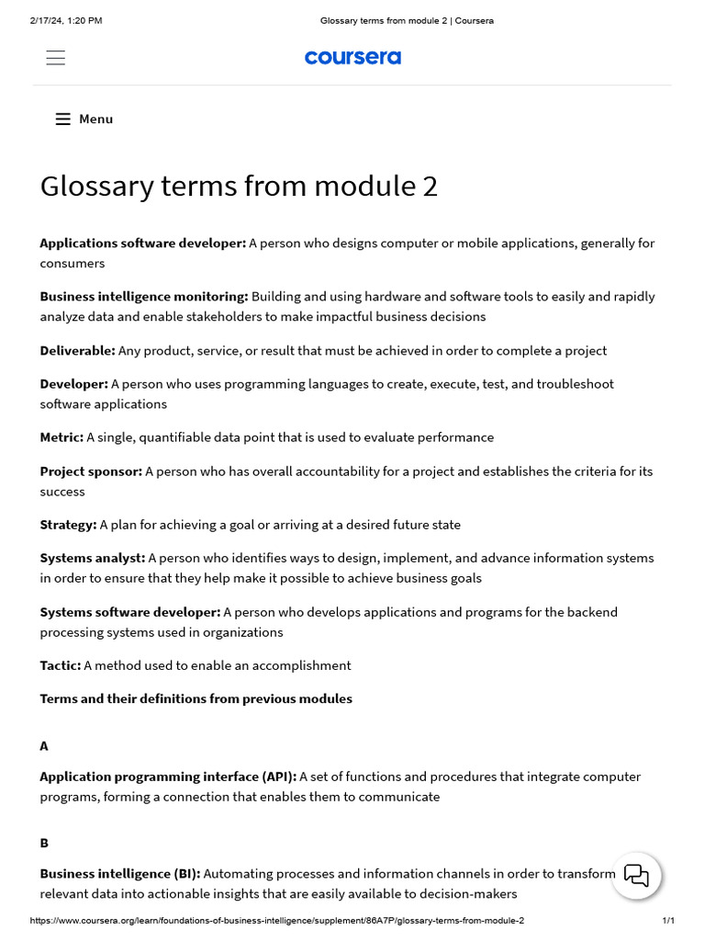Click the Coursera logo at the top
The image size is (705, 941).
pos(352,58)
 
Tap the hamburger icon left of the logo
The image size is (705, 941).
pos(56,58)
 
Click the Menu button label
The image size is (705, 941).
pos(95,119)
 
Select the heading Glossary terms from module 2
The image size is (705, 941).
pos(239,186)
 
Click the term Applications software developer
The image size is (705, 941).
pos(142,244)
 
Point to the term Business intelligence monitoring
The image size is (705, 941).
pos(144,297)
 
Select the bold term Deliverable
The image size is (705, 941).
pos(77,350)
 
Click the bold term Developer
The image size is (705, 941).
pos(73,384)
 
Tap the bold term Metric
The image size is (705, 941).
pos(62,437)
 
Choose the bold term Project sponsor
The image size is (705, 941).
pos(91,471)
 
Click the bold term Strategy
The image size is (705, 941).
pos(68,525)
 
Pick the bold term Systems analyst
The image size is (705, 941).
pos(92,558)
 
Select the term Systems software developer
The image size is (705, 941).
pos(129,612)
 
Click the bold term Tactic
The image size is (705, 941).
pos(60,665)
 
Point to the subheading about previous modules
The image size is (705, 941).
pos(196,698)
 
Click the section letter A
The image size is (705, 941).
pos(44,746)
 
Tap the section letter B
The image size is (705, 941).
pos(44,843)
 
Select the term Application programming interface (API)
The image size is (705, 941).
pos(168,777)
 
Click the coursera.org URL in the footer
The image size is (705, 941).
pos(276,921)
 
